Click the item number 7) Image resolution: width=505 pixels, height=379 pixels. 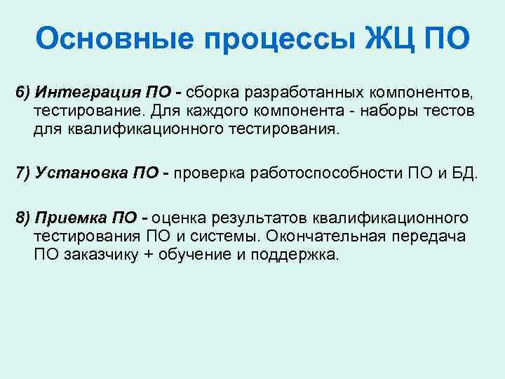click(24, 173)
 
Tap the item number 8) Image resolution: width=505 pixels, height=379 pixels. click(24, 217)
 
